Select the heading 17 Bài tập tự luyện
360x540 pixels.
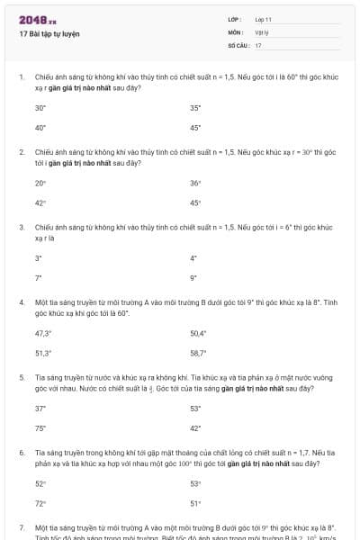[49, 33]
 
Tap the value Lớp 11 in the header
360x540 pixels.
[264, 18]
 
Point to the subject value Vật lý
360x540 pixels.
[262, 31]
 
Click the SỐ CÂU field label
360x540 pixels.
[237, 44]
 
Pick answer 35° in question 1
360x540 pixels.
[195, 107]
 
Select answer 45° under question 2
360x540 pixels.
[195, 202]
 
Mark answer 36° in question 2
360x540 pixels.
[195, 183]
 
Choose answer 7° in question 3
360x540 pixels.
[38, 278]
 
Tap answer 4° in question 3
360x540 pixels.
[193, 258]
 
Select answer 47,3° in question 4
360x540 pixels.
[43, 333]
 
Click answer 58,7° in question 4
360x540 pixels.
[198, 353]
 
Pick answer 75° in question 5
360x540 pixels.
[40, 428]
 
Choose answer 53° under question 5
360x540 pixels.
[195, 409]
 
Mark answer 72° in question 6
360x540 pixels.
[40, 503]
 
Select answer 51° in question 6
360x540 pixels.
[195, 503]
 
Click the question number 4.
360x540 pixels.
[22, 303]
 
